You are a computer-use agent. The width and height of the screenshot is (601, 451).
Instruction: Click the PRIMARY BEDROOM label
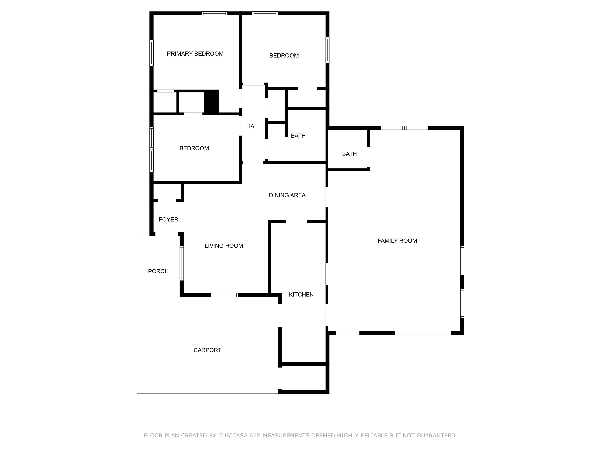click(195, 54)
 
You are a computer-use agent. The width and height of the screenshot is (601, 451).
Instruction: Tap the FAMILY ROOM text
click(397, 241)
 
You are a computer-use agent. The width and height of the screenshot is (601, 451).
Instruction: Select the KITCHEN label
click(301, 294)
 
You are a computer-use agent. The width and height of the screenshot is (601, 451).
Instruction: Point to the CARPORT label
click(207, 350)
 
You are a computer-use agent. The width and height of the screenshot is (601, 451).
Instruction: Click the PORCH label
click(158, 271)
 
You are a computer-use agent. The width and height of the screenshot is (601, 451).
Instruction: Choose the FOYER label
click(168, 219)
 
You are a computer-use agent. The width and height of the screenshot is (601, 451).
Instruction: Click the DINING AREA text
click(287, 195)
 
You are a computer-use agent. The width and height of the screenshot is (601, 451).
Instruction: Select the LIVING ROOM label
click(224, 246)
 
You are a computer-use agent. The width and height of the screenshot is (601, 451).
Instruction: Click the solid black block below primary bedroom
click(211, 102)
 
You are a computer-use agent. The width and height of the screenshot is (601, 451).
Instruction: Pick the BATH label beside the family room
click(349, 154)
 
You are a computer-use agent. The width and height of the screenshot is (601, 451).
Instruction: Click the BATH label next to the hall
click(298, 136)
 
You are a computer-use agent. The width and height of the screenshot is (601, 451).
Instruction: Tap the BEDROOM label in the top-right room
click(284, 55)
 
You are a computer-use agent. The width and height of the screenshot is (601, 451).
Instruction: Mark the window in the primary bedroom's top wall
click(214, 13)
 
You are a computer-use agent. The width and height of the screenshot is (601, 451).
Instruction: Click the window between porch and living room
click(182, 263)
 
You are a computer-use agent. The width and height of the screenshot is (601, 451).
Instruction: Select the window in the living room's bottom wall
click(225, 295)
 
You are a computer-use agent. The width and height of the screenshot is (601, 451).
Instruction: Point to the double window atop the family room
click(404, 128)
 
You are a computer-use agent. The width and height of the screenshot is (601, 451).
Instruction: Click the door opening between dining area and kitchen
click(296, 222)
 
